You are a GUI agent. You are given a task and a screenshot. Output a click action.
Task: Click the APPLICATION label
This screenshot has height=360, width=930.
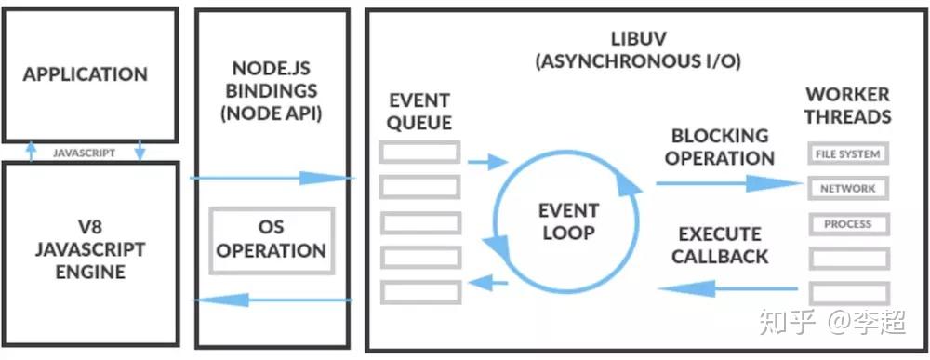coord(86,74)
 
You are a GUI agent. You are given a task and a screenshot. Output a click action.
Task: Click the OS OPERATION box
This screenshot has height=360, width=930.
coord(271,239)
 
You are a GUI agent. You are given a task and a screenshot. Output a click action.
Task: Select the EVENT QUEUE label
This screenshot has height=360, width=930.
coord(420,111)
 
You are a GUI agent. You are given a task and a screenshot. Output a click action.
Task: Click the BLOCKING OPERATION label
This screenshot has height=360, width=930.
coord(720,146)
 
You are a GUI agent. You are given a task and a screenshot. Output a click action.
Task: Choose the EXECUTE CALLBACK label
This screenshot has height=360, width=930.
coord(721,245)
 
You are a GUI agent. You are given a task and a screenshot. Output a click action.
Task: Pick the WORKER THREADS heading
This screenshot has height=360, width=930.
coord(847,105)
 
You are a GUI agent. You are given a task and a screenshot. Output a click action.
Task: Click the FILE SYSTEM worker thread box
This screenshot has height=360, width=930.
coord(847,153)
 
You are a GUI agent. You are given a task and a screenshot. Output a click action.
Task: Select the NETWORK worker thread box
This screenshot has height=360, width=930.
coord(847,189)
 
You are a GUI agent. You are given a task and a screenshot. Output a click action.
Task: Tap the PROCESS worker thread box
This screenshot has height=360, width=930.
coord(847,224)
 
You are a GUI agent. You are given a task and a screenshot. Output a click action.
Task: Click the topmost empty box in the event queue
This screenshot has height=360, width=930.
coord(419,152)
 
